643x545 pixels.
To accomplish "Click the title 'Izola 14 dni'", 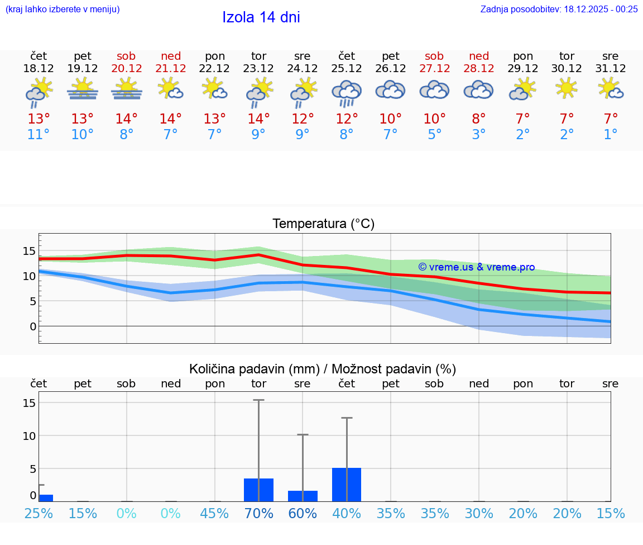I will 261,17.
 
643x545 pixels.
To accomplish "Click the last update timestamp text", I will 559,9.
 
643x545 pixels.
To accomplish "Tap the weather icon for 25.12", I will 347,92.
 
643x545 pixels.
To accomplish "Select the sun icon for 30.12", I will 567,88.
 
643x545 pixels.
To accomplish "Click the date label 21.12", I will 171,69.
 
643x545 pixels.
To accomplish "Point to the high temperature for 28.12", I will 478,119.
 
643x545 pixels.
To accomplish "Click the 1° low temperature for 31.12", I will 611,135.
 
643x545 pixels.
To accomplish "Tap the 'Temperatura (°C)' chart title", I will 323,224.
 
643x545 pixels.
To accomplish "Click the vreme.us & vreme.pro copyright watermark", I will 476,267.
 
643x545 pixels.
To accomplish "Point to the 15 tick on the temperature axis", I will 29,251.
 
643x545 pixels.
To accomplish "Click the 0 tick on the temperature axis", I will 33,326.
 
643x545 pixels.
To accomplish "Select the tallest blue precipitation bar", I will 347,485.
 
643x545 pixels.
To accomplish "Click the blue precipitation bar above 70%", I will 258,490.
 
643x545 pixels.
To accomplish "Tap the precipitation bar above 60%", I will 303,496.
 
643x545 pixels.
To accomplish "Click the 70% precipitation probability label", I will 258,513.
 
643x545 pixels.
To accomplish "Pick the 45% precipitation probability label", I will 215,513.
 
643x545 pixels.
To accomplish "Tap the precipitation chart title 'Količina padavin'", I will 323,369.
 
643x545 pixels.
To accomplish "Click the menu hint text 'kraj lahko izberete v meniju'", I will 62,9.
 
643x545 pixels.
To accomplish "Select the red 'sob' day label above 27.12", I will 434,56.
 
